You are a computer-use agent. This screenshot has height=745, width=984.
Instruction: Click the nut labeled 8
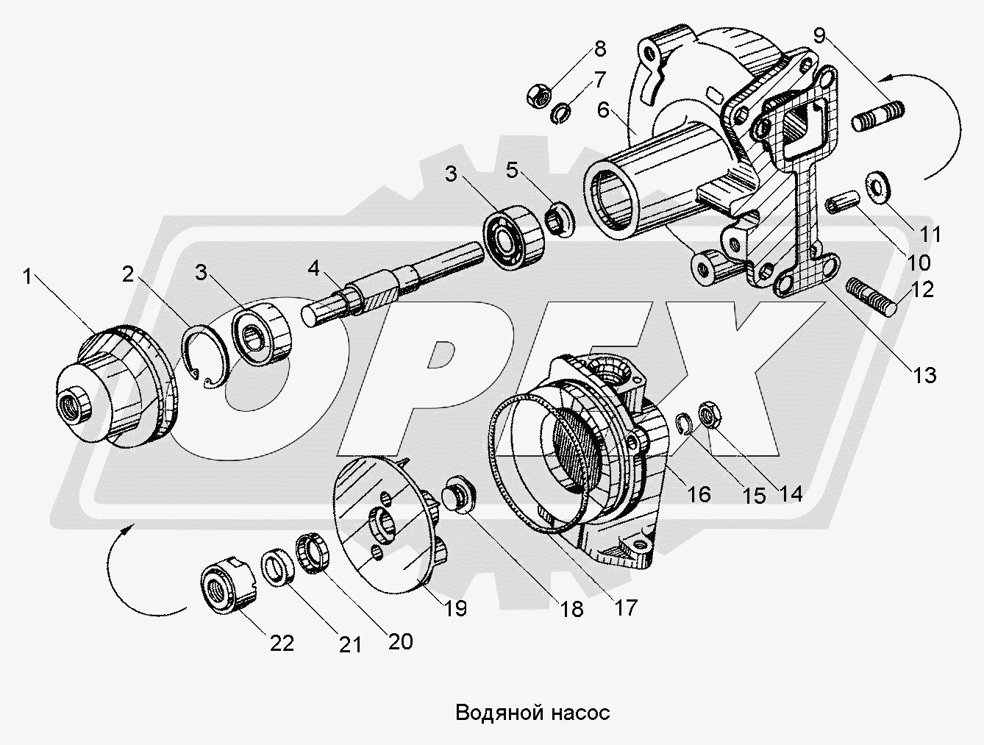pos(538,93)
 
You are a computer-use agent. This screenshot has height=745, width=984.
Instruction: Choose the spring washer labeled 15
pos(684,424)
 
